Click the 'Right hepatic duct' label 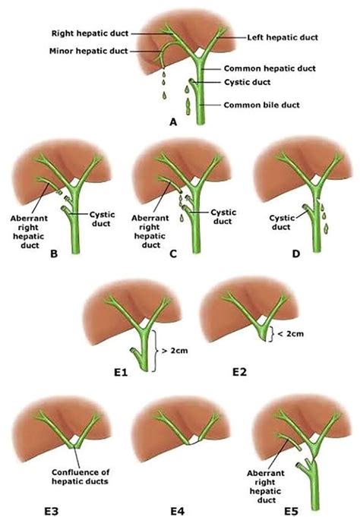click(90, 33)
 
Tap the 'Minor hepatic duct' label click(88, 51)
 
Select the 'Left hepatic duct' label click(283, 37)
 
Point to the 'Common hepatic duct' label click(270, 68)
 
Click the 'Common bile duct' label click(262, 105)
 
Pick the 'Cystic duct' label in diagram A click(247, 82)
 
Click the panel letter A click(173, 122)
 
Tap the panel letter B click(54, 254)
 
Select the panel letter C click(173, 254)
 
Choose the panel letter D click(296, 254)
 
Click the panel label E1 click(121, 372)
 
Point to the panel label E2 click(239, 371)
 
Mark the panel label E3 click(51, 511)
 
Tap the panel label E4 click(177, 511)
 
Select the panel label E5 click(292, 511)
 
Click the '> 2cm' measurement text click(175, 350)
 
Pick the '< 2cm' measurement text click(291, 334)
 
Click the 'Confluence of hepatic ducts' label click(81, 477)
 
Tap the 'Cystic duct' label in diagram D click(282, 222)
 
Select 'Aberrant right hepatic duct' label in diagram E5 click(266, 487)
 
